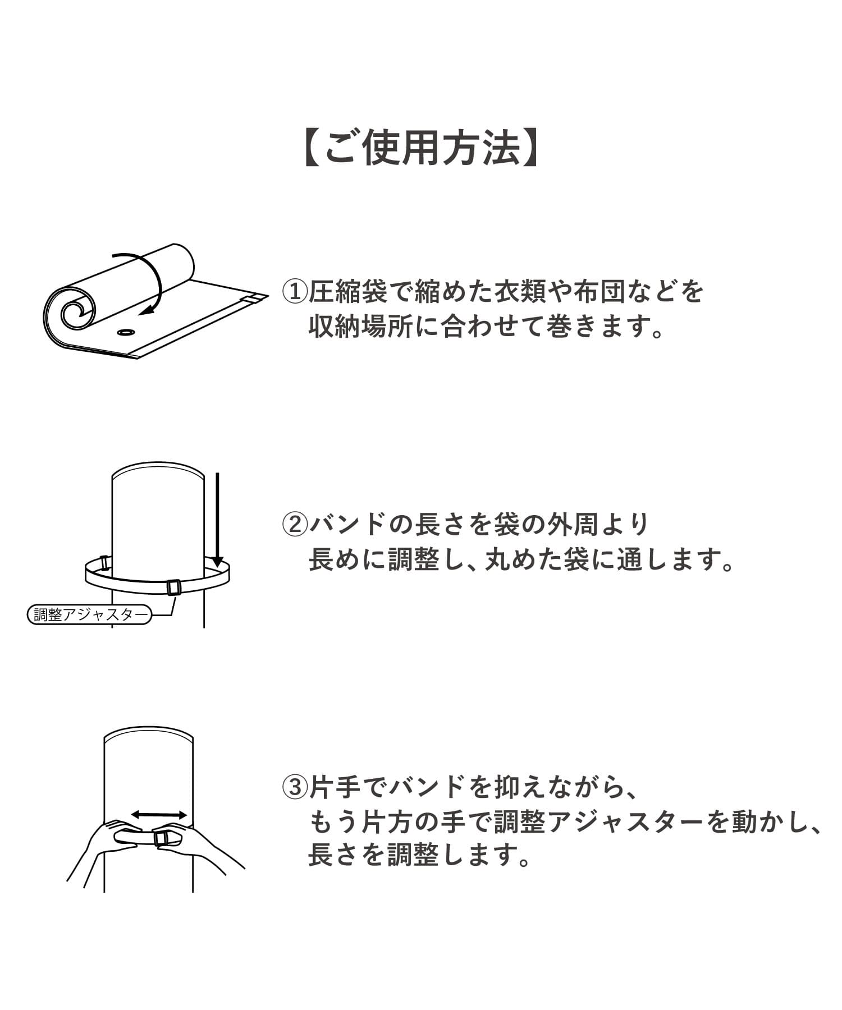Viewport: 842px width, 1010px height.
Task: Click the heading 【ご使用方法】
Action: (421, 149)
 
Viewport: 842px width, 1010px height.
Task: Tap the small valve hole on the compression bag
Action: (126, 333)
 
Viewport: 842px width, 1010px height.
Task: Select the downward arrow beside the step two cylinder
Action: (217, 519)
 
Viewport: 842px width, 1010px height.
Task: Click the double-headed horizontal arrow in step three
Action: (159, 815)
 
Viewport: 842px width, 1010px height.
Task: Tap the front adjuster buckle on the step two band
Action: (173, 588)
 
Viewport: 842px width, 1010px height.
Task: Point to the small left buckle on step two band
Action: (104, 563)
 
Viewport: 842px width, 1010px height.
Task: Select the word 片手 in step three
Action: (335, 787)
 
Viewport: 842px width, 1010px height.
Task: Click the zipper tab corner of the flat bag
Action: (255, 298)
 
